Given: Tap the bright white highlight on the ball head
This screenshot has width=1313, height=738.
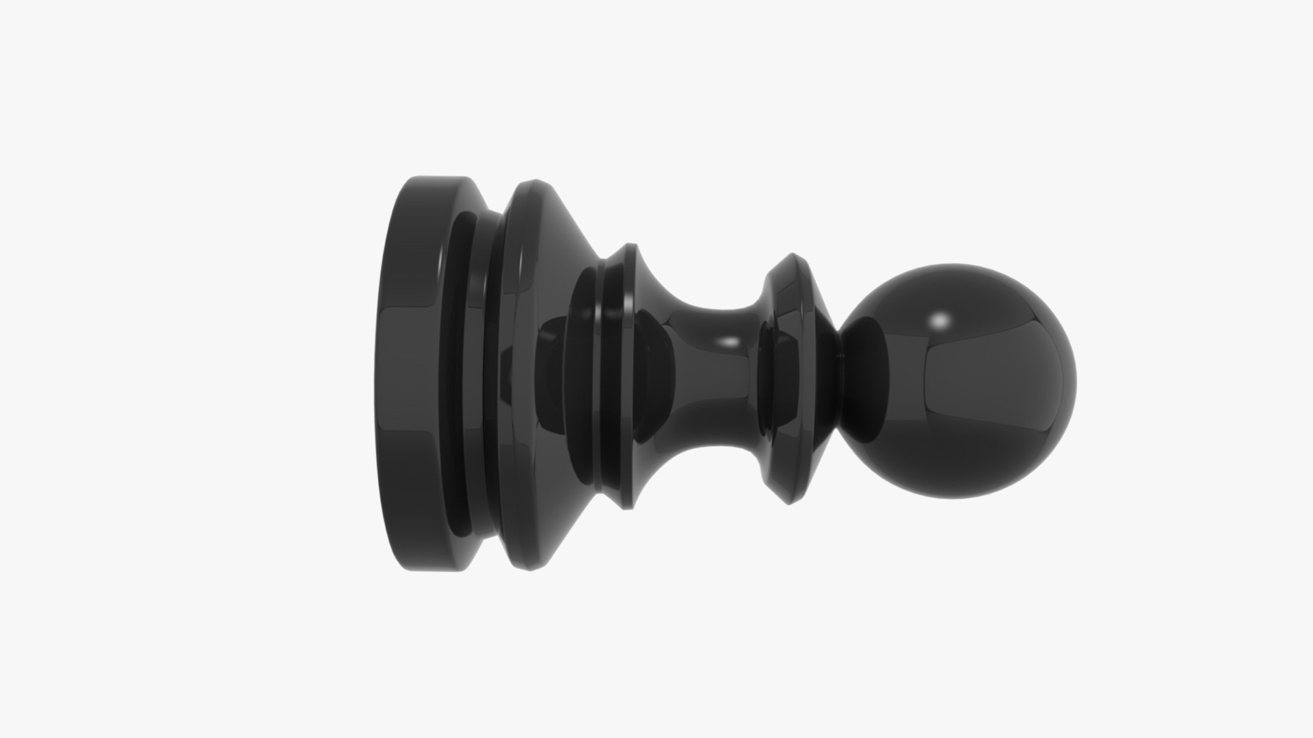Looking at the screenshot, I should pyautogui.click(x=942, y=320).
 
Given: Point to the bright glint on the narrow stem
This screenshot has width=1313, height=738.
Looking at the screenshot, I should pyautogui.click(x=730, y=340).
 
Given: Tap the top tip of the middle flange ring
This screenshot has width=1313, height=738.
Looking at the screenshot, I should pyautogui.click(x=628, y=245).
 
